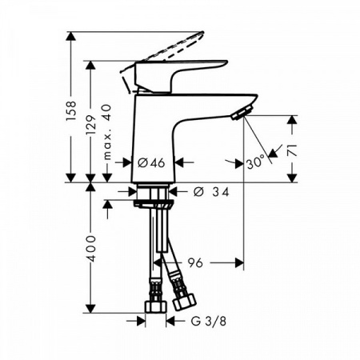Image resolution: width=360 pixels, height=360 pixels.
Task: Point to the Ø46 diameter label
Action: pos(151,162)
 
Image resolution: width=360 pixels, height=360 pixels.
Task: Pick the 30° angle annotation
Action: pos(255,162)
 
